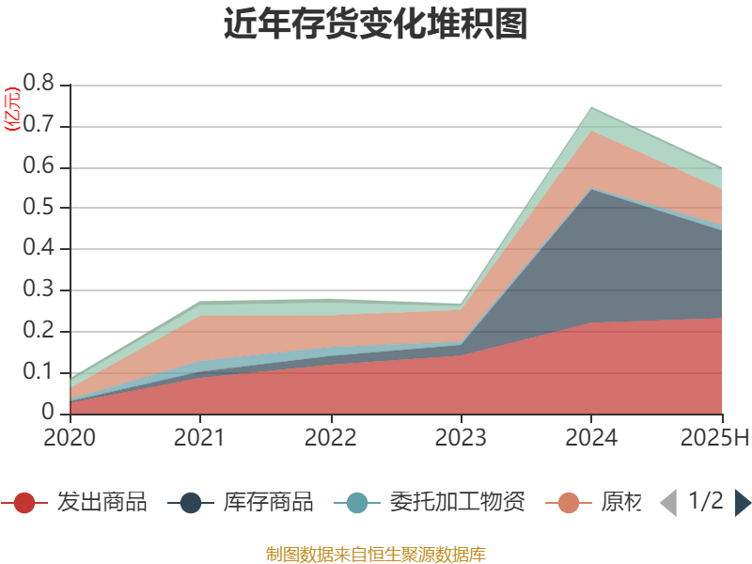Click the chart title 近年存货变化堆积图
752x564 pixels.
click(375, 24)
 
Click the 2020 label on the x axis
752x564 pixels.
click(70, 438)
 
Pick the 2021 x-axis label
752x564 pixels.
click(199, 438)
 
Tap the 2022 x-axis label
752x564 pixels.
click(330, 438)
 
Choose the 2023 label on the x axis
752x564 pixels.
click(461, 438)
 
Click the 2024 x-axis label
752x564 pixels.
click(590, 438)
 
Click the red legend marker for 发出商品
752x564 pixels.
click(24, 503)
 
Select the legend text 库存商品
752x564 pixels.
click(268, 503)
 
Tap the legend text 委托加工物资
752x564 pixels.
click(457, 503)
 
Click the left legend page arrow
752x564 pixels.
click(668, 503)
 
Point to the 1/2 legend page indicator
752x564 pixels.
click(706, 501)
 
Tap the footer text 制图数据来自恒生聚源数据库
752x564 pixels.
click(375, 555)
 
